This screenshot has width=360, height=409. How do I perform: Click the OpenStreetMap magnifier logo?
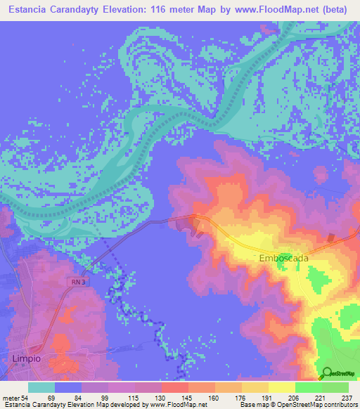[328, 374]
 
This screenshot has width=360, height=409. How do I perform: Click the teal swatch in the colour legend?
[41, 387]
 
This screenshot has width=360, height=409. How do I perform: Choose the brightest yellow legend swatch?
[281, 387]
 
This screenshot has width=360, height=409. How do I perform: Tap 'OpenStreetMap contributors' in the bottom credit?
[316, 404]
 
